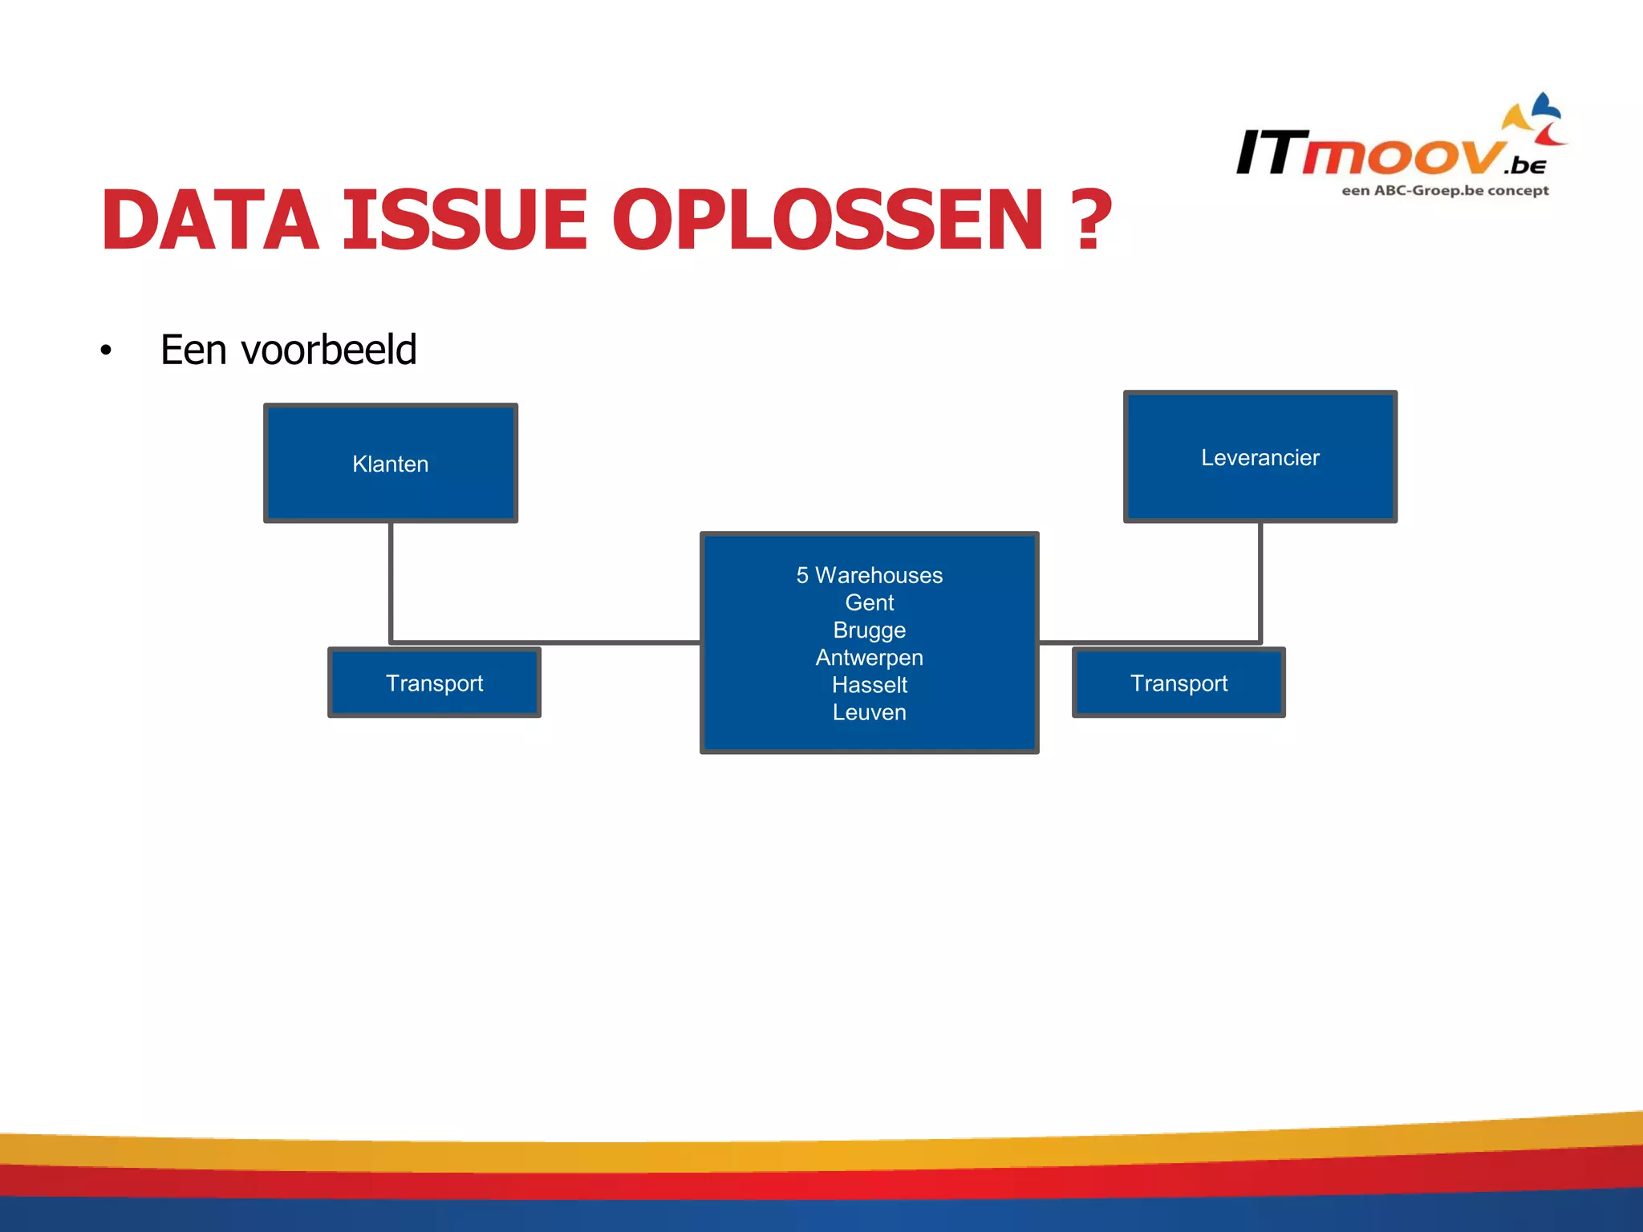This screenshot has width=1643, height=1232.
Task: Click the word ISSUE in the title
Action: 465,220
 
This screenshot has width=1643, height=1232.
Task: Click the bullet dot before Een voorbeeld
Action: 106,351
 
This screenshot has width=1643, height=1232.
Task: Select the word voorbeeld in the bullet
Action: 329,350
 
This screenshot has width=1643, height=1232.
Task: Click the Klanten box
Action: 391,464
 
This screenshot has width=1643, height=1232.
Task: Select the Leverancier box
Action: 1260,457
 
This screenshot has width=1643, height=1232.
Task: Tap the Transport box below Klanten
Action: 434,683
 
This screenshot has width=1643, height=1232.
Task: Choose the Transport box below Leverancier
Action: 1178,683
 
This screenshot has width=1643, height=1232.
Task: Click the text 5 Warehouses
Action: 869,575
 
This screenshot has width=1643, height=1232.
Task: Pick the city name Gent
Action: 869,602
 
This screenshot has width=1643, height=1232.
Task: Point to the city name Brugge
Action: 869,630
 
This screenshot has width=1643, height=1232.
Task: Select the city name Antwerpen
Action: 869,658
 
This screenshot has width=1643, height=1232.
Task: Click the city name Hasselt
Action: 869,685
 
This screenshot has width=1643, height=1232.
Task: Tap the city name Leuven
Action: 869,712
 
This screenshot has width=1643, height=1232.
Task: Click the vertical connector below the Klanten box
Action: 391,582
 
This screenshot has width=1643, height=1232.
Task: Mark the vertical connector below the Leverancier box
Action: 1260,582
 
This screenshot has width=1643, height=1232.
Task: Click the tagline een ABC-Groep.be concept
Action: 1445,191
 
